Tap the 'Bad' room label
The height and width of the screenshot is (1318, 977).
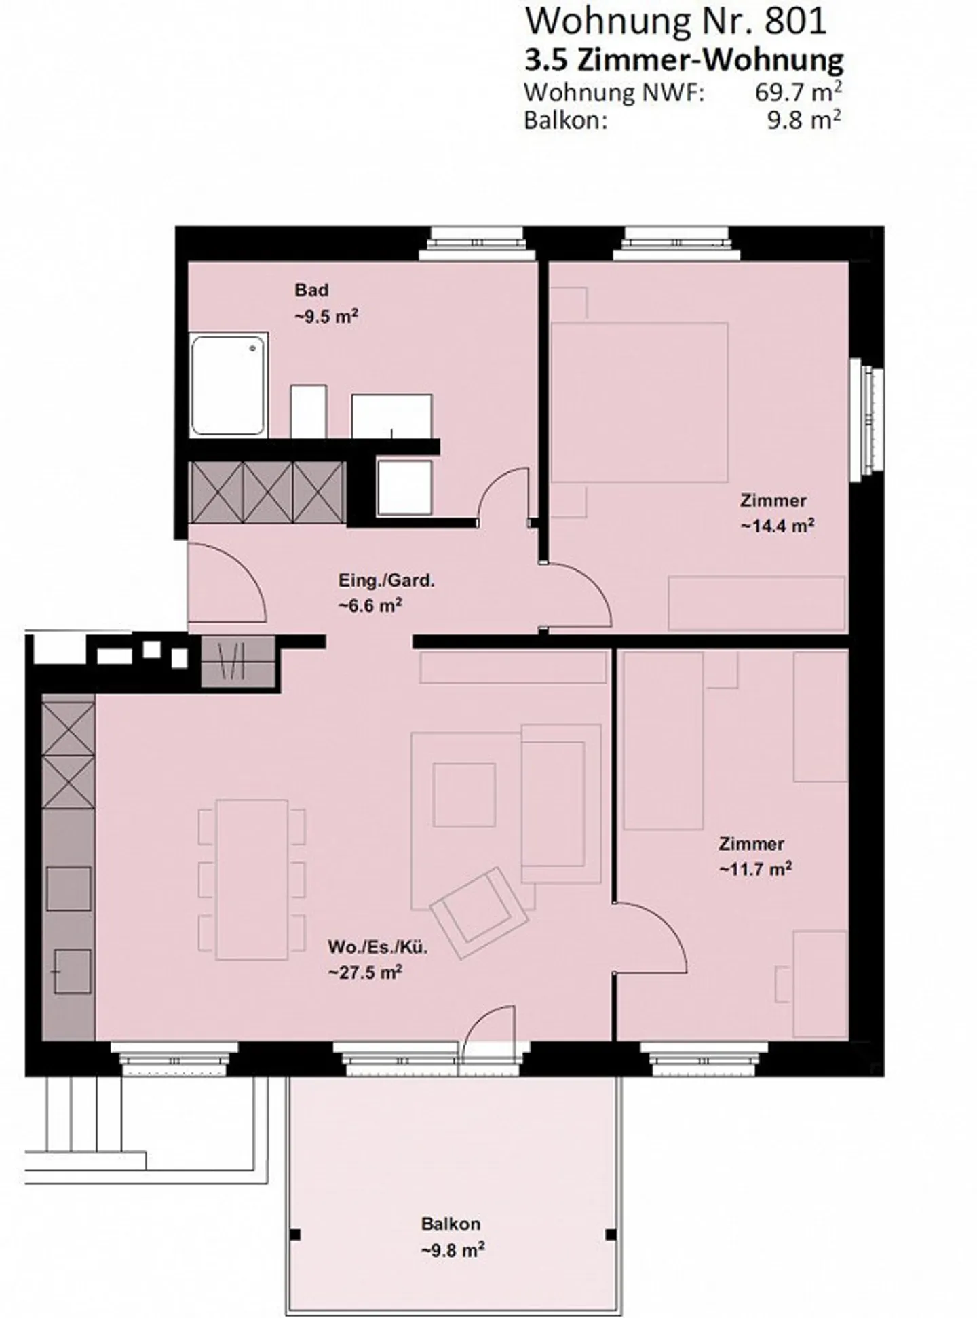[x=311, y=290]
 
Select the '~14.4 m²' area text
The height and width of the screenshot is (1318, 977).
[x=777, y=526]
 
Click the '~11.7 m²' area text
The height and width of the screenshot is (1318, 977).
[x=755, y=869]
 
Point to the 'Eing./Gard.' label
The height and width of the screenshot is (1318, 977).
[x=386, y=581]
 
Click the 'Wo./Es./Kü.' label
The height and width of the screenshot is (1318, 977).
[x=377, y=948]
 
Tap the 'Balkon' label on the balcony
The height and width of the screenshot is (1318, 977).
[x=451, y=1224]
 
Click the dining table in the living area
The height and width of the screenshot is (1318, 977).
[x=252, y=879]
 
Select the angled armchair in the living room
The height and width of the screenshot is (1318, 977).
[x=480, y=913]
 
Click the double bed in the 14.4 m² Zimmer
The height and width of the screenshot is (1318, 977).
[x=638, y=402]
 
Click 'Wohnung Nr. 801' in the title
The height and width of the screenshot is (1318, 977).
[x=676, y=21]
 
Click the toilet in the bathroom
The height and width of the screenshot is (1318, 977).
[x=309, y=412]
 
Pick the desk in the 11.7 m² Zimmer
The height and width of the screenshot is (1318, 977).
[x=820, y=984]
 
